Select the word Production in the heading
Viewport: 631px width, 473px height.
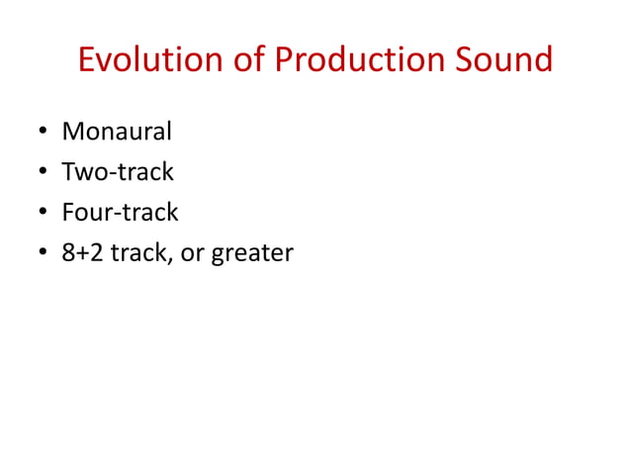click(360, 60)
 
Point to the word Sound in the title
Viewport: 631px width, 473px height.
click(504, 60)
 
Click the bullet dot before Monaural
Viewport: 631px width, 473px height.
click(43, 133)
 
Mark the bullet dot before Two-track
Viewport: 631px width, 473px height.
click(43, 173)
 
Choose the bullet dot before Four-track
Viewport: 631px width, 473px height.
click(43, 214)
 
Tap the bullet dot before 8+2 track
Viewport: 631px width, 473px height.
click(43, 254)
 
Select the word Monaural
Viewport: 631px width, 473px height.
click(117, 132)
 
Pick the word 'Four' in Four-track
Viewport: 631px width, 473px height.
click(84, 213)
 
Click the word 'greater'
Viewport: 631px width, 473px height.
click(250, 255)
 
